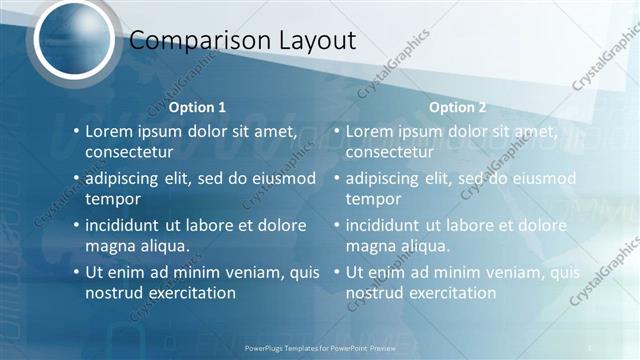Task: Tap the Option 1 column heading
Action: pos(197,107)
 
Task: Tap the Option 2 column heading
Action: pos(458,107)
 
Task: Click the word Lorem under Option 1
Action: pos(109,131)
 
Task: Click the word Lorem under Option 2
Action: pos(370,131)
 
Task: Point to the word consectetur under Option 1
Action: pos(129,152)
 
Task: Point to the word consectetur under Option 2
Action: pos(390,152)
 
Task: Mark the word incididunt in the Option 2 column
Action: pos(387,226)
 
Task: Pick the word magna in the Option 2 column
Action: pos(369,246)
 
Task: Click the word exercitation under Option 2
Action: pos(451,293)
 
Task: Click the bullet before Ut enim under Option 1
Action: pos(76,272)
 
